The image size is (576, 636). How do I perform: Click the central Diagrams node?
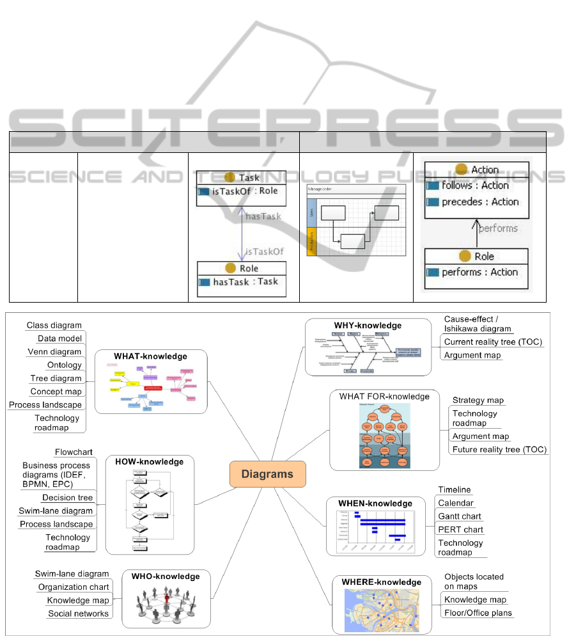pos(267,474)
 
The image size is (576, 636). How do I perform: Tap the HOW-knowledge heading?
pos(149,461)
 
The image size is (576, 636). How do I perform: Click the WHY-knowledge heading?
pos(368,325)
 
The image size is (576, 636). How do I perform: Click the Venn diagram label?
pos(54,352)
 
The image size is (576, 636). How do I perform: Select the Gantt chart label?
pos(460,516)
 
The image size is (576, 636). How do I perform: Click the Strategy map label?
pos(478,400)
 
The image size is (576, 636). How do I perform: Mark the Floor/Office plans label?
pos(478,613)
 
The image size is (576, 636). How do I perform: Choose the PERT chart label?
pos(460,530)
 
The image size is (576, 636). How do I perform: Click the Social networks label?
pos(78,614)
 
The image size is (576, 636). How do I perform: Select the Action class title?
pos(485,170)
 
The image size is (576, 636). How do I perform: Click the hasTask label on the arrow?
pos(263,216)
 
